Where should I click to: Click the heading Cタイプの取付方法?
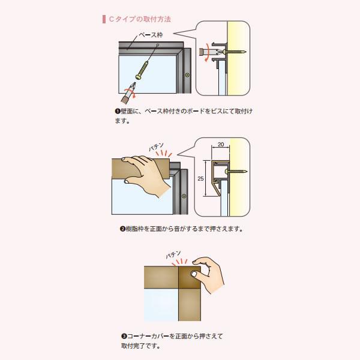coord(140,19)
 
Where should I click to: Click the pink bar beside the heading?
coord(104,19)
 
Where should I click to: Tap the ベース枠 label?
coord(151,35)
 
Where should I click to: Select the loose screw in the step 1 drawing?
coord(142,70)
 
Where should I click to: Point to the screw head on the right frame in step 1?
coord(187,75)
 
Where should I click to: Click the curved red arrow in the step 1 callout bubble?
coord(206,53)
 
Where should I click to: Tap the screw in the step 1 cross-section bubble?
coord(234,52)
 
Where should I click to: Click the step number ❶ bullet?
coord(118,112)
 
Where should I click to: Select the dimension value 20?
coord(221,145)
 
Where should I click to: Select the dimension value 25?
coord(200,178)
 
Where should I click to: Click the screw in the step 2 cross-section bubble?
coord(236,171)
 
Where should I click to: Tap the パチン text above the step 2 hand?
coord(157,146)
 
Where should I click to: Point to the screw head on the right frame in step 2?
coord(184,196)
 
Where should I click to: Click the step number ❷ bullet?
coord(122,229)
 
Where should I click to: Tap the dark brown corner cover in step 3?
coord(190,277)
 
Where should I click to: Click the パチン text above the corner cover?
coord(173,254)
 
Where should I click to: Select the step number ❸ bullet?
coord(124,337)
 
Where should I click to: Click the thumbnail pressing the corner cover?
coord(194,274)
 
